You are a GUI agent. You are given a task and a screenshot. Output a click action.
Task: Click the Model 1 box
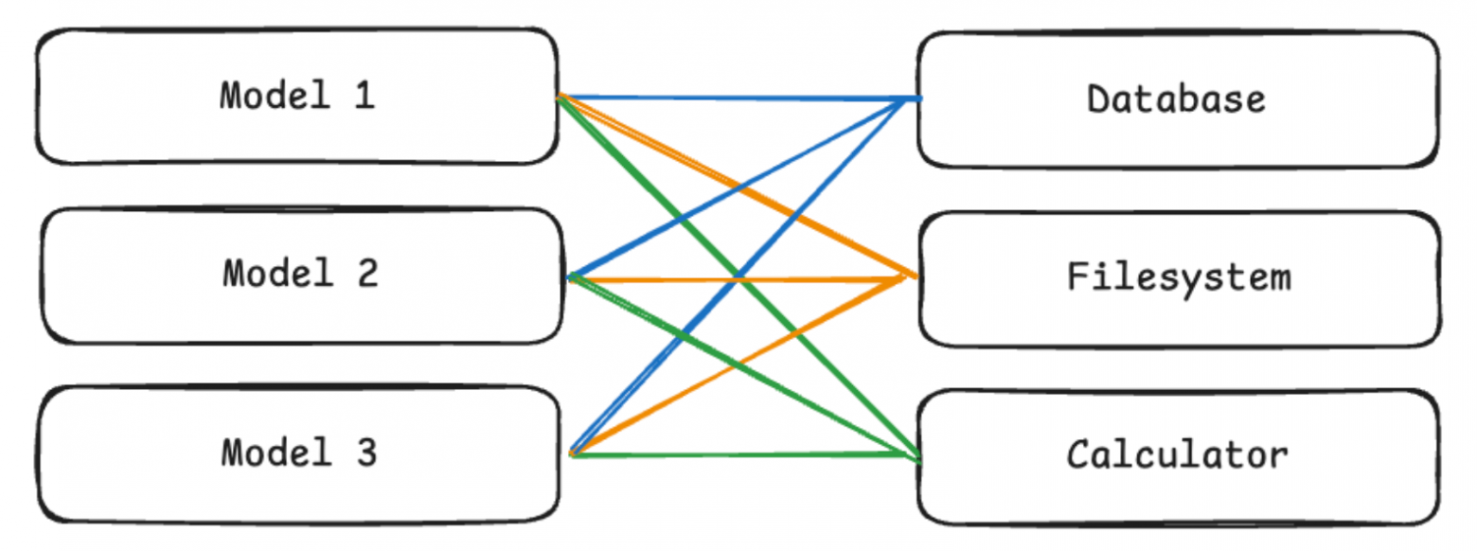click(297, 97)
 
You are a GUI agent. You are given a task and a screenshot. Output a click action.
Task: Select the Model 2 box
click(302, 275)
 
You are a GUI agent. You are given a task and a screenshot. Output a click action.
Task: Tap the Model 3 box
click(298, 454)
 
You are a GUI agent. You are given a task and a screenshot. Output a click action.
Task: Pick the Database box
click(1179, 99)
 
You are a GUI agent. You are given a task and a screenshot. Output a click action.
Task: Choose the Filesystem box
click(1180, 278)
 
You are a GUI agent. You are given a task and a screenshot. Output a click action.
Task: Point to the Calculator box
click(1179, 456)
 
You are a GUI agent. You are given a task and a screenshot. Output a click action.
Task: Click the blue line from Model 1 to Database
click(739, 98)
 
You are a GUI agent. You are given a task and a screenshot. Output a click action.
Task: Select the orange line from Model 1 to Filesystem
click(738, 187)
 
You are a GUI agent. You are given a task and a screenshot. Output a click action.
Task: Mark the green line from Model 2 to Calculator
click(744, 366)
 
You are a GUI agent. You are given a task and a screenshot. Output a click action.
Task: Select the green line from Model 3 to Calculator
click(744, 454)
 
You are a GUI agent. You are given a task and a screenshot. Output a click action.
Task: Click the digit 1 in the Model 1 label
click(365, 96)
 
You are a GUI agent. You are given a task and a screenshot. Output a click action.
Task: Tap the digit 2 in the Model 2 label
click(368, 274)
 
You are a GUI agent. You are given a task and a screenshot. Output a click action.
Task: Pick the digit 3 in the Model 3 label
click(366, 453)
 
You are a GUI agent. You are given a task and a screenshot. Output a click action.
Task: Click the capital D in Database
click(1098, 99)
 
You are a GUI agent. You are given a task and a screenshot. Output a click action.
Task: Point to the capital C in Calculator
click(1078, 454)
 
